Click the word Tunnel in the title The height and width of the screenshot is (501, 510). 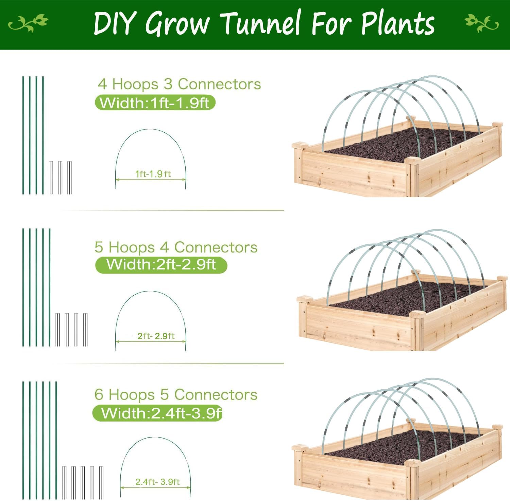pyautogui.click(x=261, y=23)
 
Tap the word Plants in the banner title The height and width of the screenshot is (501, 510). pyautogui.click(x=398, y=23)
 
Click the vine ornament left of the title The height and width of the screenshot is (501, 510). pyautogui.click(x=28, y=23)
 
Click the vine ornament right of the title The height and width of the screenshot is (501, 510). pyautogui.click(x=481, y=23)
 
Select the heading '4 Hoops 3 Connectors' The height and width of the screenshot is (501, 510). pyautogui.click(x=179, y=84)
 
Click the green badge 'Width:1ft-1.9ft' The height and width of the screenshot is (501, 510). pyautogui.click(x=155, y=103)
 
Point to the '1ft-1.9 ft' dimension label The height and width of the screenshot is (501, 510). pyautogui.click(x=153, y=174)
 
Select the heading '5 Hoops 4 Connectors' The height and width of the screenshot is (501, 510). pyautogui.click(x=176, y=247)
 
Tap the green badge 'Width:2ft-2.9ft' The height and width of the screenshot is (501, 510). pyautogui.click(x=161, y=264)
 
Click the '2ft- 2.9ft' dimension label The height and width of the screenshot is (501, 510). pyautogui.click(x=156, y=336)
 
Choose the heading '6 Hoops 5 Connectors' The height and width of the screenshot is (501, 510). pyautogui.click(x=176, y=394)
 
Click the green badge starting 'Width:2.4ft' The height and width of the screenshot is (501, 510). pyautogui.click(x=157, y=413)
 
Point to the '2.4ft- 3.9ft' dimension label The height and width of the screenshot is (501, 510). pyautogui.click(x=157, y=482)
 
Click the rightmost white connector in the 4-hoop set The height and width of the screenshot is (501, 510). pyautogui.click(x=69, y=178)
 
